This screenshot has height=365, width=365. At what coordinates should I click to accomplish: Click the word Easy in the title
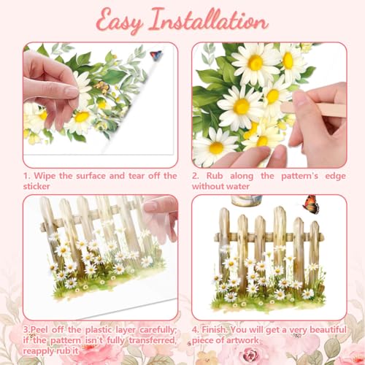pos(119,21)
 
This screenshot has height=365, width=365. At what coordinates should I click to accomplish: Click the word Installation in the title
pos(209,20)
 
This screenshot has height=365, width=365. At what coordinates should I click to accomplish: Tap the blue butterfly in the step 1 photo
pos(155,55)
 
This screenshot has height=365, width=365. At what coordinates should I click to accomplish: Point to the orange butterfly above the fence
pos(311,204)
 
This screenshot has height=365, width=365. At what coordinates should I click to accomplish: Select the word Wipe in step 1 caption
pos(45,176)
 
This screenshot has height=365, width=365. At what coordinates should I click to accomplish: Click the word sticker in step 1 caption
pos(36,186)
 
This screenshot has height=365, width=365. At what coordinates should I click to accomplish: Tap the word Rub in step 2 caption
pos(215,176)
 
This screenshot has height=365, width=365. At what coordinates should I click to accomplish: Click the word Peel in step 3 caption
pos(39,330)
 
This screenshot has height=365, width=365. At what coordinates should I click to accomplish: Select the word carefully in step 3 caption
pos(158,330)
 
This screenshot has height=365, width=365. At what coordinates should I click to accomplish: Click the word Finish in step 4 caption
pos(215,330)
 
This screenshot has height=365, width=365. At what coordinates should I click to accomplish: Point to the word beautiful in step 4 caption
pos(328,330)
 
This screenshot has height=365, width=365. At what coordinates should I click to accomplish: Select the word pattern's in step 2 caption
pos(299,176)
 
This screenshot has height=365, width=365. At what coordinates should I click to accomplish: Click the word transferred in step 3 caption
pos(153,340)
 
